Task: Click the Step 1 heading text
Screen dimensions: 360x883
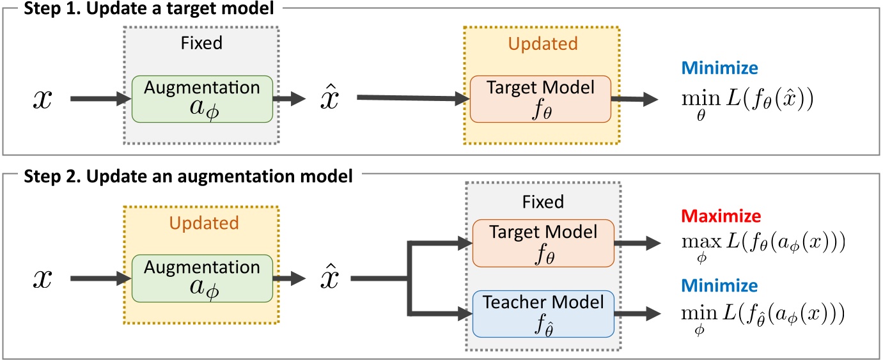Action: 143,10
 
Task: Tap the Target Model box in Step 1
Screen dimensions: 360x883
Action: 540,99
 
